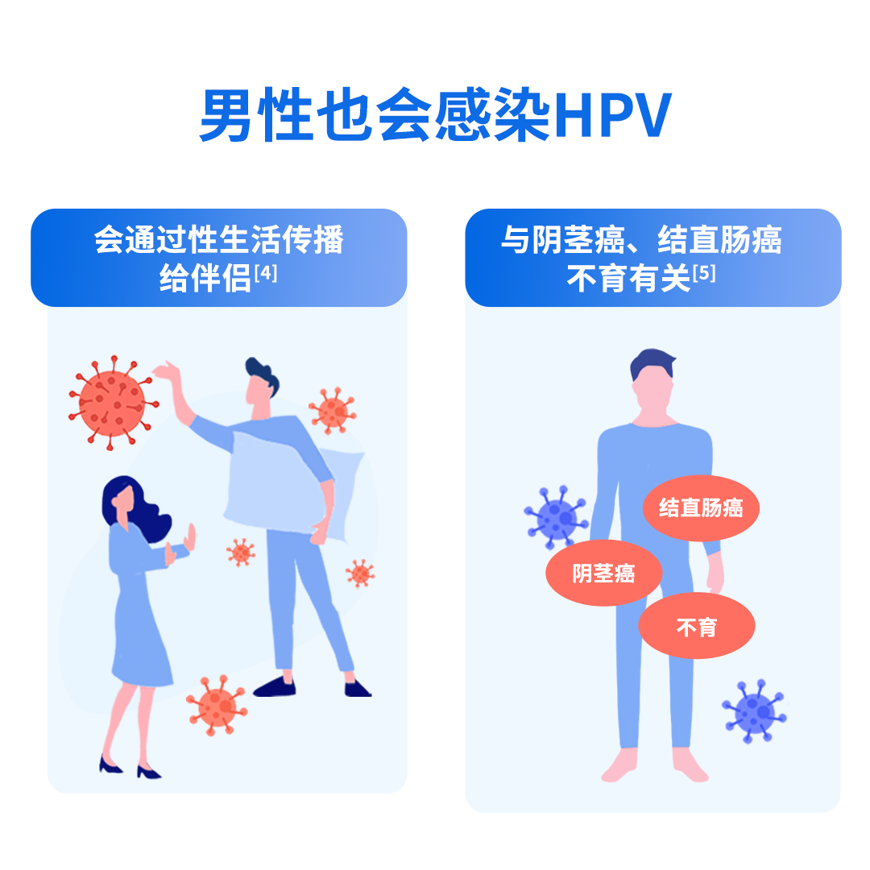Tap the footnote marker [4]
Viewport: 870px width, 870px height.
(266, 274)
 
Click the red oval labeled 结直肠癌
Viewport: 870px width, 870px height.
(701, 508)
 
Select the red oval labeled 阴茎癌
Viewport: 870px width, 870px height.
(603, 574)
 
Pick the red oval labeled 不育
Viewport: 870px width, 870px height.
(696, 627)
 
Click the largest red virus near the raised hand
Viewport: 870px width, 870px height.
(112, 400)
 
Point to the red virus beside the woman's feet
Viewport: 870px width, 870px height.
(217, 705)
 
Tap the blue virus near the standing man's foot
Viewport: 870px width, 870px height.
(754, 710)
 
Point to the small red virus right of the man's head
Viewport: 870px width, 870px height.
(333, 411)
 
